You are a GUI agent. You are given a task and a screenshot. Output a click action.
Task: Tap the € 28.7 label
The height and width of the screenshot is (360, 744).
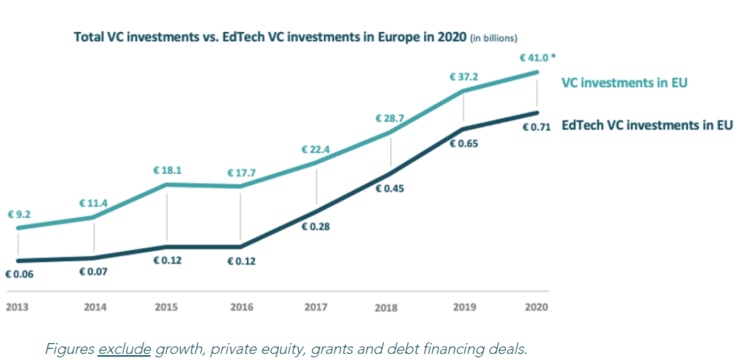point(390,118)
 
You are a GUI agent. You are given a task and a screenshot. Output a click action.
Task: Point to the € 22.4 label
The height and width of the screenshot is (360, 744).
point(316,150)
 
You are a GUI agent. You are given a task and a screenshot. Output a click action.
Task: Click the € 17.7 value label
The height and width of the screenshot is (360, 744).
point(241,173)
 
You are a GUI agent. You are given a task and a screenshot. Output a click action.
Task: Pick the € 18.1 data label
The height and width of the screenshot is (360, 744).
point(167,171)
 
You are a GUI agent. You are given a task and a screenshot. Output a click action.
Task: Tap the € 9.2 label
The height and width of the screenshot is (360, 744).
point(20,215)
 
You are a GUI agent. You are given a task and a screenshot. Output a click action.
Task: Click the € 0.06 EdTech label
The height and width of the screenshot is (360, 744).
point(19,275)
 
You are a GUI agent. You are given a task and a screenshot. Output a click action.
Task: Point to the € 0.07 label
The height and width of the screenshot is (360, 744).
point(93,272)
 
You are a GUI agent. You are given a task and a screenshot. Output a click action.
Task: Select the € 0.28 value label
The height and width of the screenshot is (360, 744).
point(316,227)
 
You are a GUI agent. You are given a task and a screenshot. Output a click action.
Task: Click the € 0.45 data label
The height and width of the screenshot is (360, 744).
point(390,189)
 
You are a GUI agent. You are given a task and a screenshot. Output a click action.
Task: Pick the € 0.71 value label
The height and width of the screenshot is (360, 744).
point(537,126)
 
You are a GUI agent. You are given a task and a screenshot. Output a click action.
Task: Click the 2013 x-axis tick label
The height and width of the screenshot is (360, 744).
point(19,307)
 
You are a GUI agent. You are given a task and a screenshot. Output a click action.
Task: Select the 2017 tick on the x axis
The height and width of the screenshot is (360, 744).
point(316,307)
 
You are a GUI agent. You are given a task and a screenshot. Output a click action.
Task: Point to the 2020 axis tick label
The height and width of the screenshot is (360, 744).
point(537,307)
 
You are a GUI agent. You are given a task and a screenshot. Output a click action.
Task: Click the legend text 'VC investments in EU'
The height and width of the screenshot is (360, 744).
point(624,83)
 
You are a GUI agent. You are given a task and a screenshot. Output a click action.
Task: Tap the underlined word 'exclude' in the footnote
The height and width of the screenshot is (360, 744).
point(124,348)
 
